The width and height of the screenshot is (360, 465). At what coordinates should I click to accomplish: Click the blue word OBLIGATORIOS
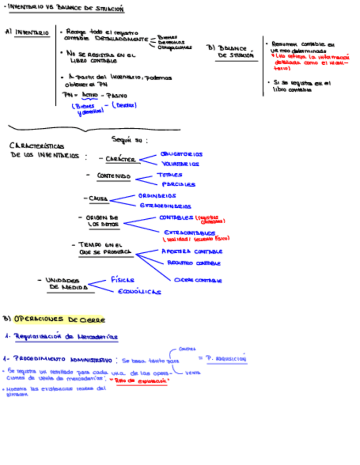(x=181, y=154)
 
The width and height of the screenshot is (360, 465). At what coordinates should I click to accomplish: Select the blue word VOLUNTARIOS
(x=181, y=163)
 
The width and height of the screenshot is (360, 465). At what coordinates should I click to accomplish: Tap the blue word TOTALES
(x=170, y=175)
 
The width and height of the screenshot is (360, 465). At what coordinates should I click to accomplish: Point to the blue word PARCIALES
(x=178, y=184)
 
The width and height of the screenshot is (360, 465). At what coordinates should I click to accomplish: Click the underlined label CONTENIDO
(x=114, y=176)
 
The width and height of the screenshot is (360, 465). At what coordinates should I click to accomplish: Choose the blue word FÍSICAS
(x=122, y=280)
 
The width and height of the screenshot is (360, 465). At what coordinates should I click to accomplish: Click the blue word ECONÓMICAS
(x=140, y=291)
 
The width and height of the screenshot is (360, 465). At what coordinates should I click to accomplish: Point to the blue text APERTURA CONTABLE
(x=192, y=251)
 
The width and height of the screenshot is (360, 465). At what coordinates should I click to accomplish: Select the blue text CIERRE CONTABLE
(x=198, y=280)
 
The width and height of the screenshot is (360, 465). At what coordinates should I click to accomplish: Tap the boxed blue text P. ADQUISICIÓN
(x=227, y=359)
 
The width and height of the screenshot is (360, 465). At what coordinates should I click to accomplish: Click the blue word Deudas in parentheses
(x=124, y=105)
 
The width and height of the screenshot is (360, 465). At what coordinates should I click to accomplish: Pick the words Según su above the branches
(x=129, y=140)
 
